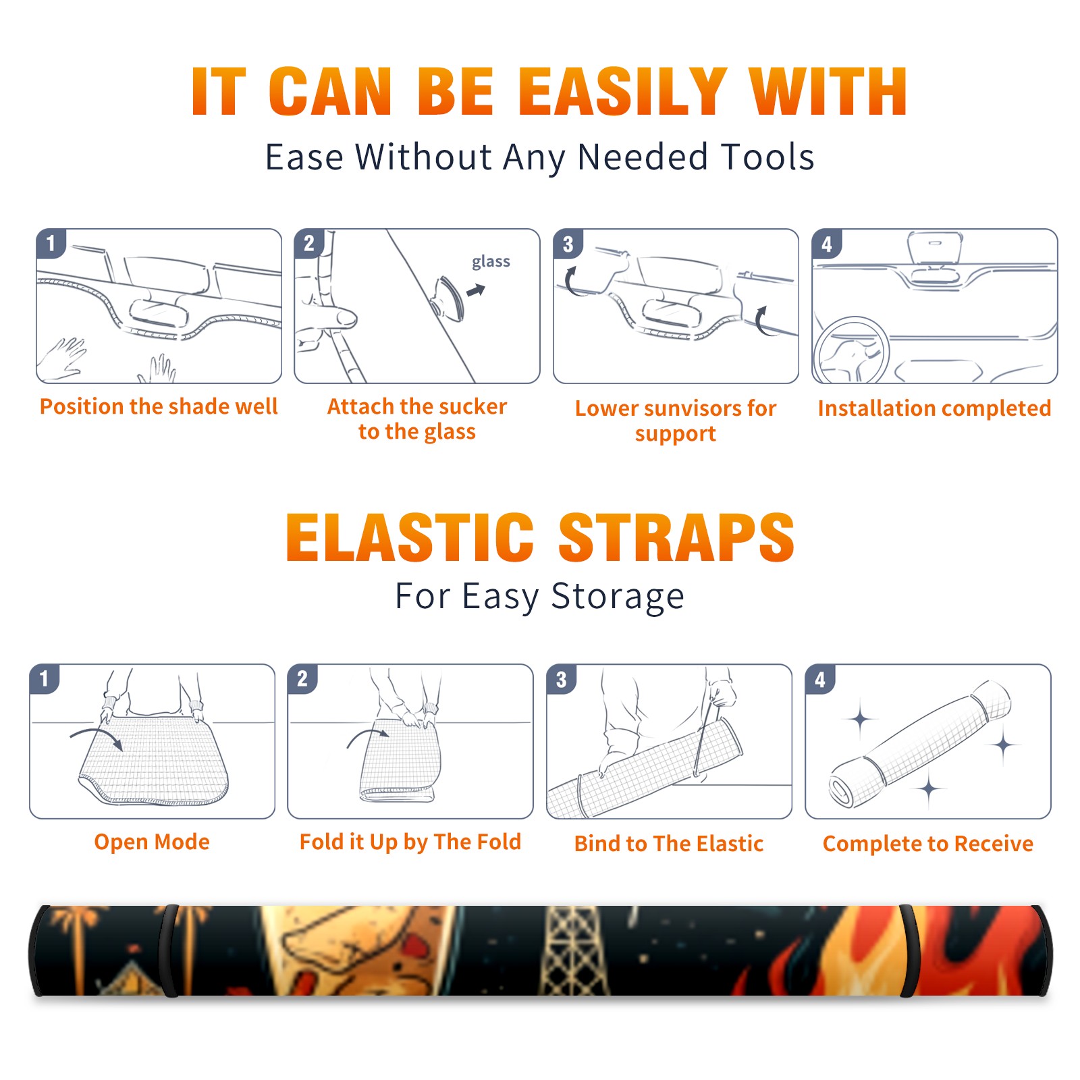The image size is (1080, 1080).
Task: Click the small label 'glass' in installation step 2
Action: pos(491,262)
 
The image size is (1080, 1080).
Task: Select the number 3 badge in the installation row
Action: pos(568,244)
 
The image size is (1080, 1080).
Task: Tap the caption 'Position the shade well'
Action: pos(159,406)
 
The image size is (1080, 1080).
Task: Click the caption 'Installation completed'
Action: pos(934,408)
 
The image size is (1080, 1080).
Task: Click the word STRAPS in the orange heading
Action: pos(676,537)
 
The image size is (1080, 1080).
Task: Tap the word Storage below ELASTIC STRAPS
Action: pos(618,597)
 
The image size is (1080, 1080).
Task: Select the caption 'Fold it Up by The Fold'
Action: pos(410,842)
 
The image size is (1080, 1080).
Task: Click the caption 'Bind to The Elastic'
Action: pos(669,844)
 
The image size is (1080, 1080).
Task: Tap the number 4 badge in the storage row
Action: pos(819,679)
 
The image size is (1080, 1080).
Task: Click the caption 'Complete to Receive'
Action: pos(928,844)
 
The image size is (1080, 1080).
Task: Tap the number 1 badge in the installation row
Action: pos(51,243)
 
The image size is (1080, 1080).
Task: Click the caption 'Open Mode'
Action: pos(152,842)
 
